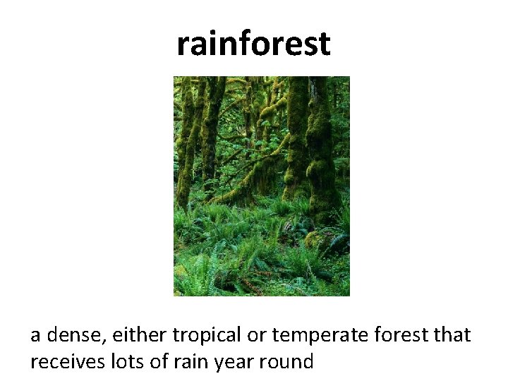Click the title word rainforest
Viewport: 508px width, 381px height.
point(253,44)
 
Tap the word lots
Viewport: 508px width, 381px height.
point(126,362)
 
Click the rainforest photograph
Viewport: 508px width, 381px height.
point(262,186)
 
